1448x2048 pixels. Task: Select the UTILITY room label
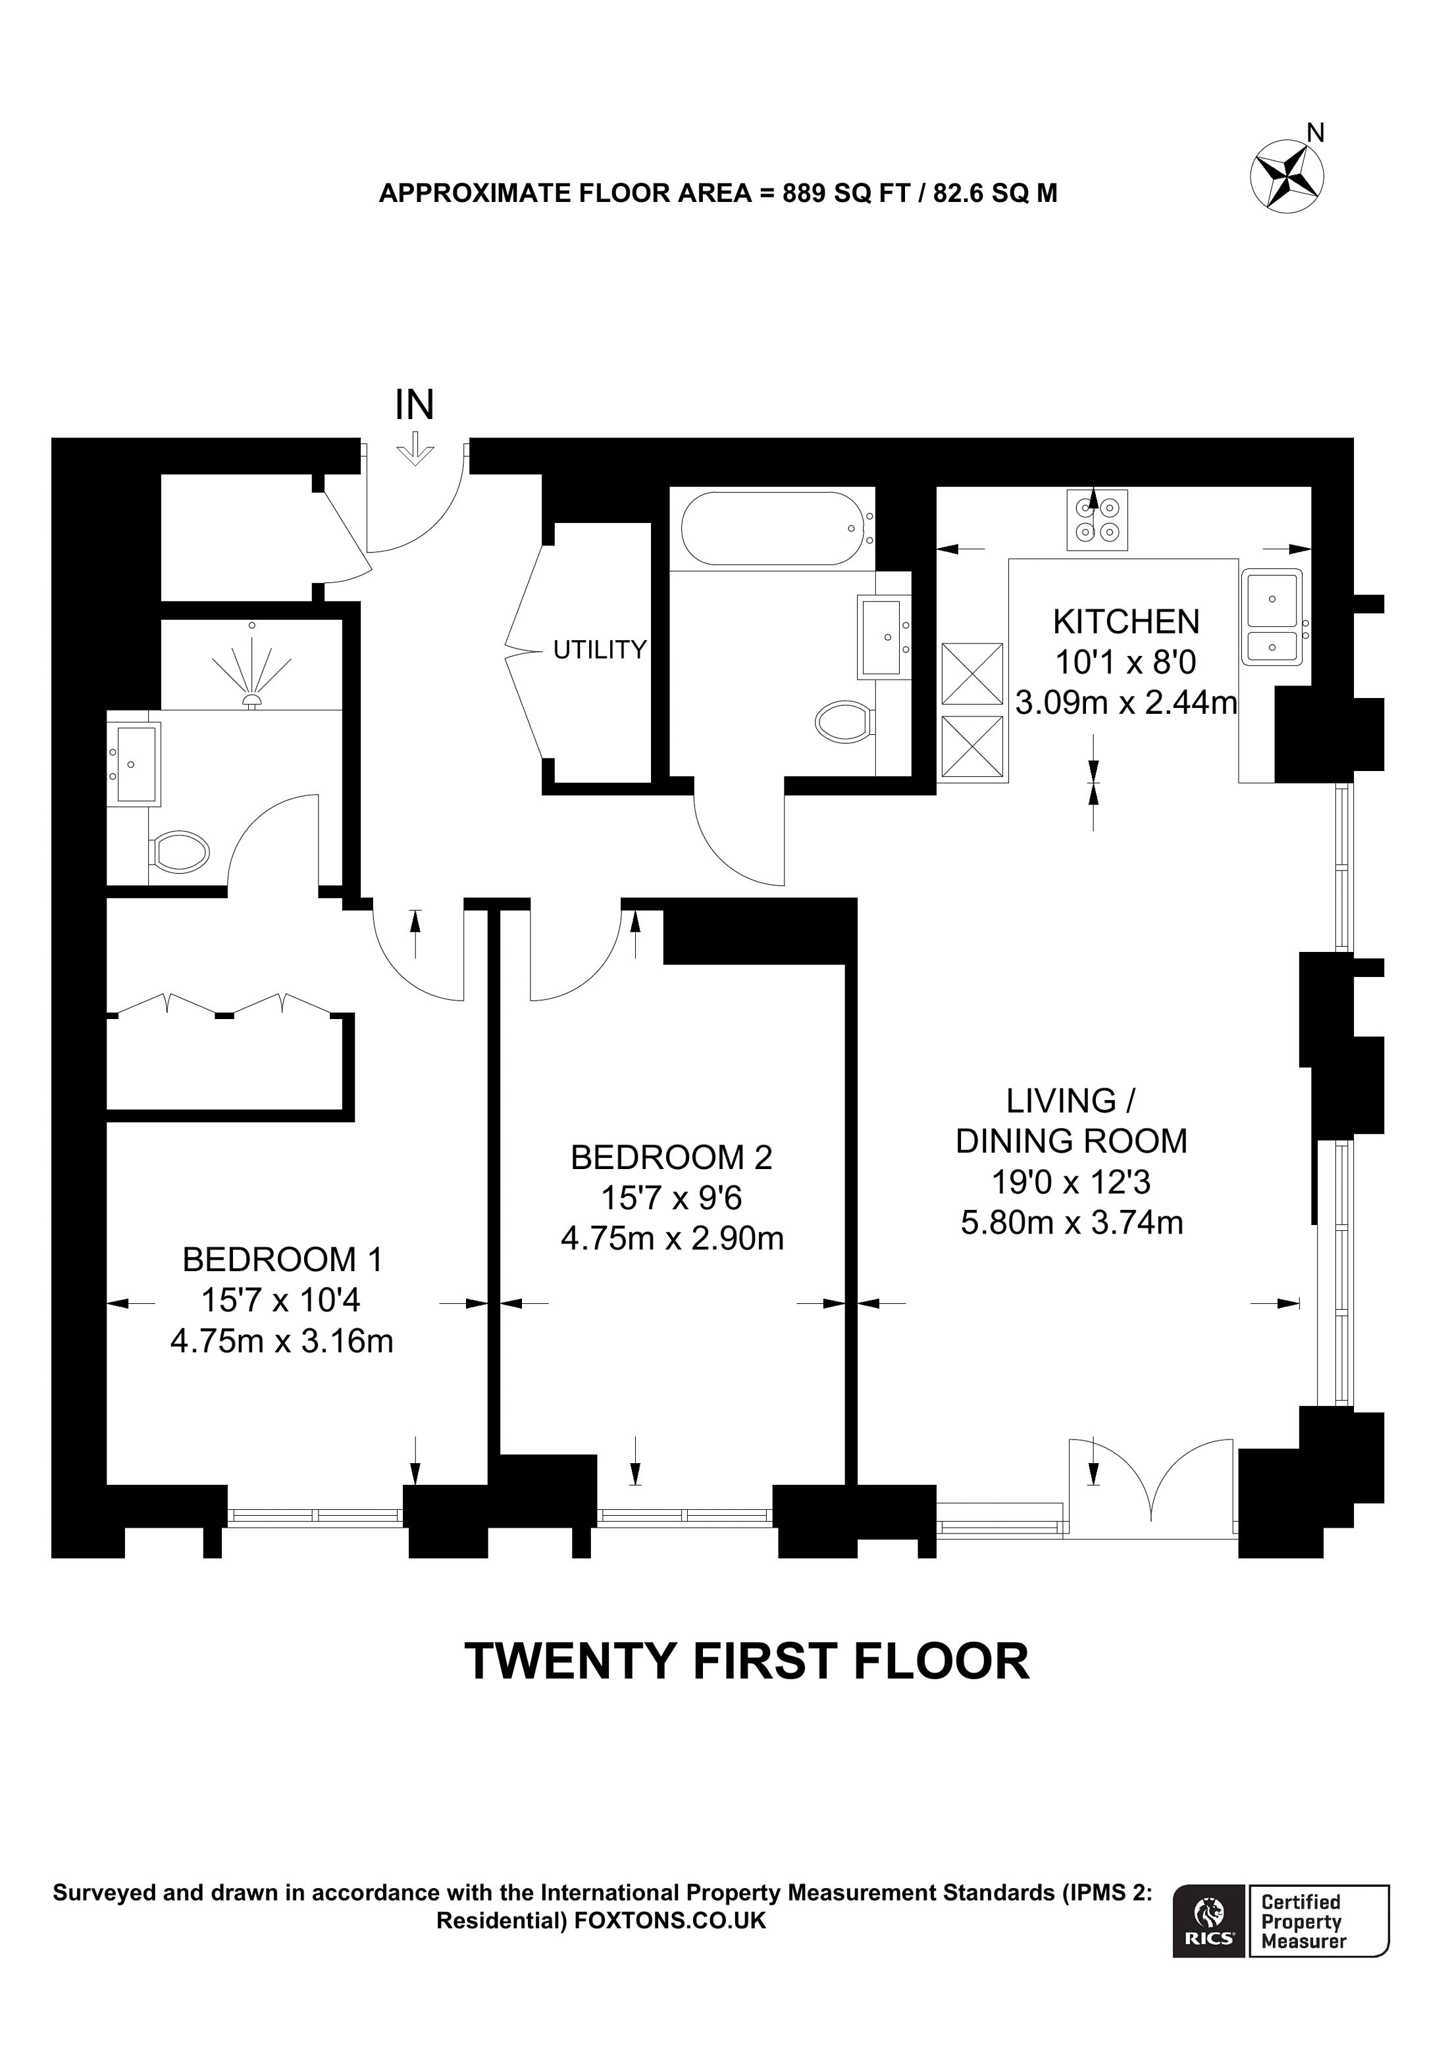pyautogui.click(x=599, y=649)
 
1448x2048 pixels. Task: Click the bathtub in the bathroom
pyautogui.click(x=770, y=528)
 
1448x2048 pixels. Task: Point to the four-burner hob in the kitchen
pyautogui.click(x=1097, y=520)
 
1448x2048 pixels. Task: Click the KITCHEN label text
pyautogui.click(x=1126, y=621)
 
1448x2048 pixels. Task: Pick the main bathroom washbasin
pyautogui.click(x=883, y=637)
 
